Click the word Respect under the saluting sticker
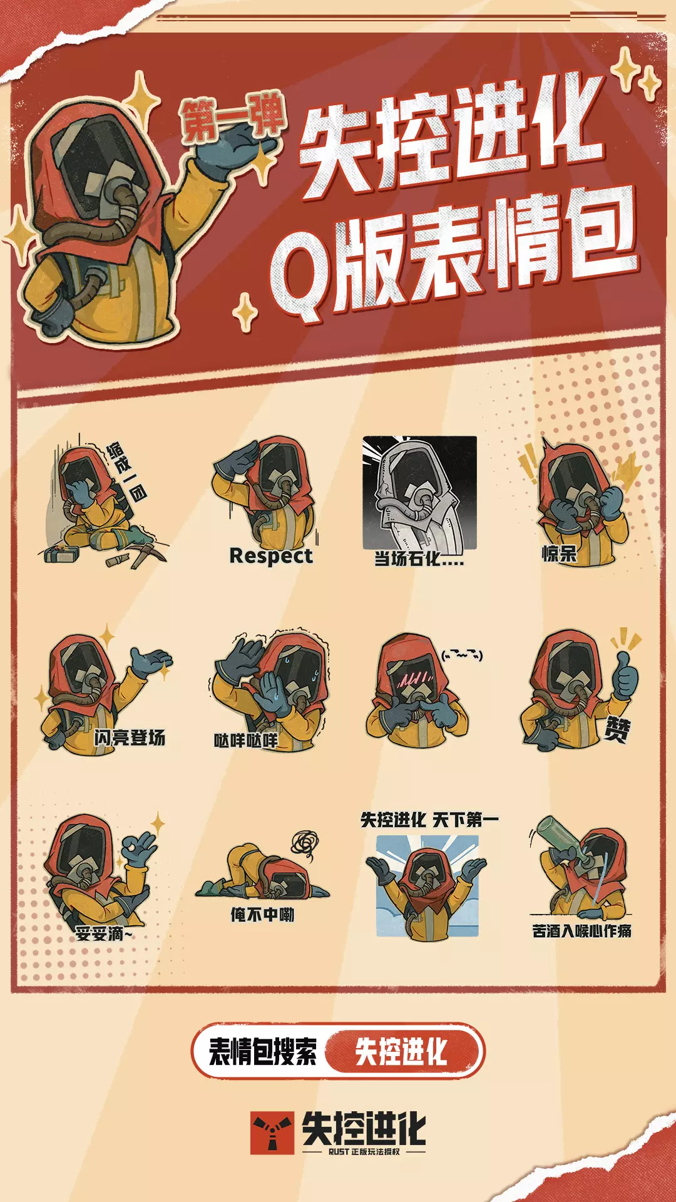271,556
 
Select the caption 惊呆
559,553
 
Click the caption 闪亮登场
130,737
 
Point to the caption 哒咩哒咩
246,741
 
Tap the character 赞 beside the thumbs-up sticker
617,729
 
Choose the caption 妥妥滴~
104,934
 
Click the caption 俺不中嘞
262,915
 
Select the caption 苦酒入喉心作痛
581,931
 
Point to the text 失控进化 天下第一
429,819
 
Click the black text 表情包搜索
263,1051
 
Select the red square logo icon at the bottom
272,1133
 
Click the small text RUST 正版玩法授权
364,1152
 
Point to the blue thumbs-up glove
624,675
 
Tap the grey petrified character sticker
420,493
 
